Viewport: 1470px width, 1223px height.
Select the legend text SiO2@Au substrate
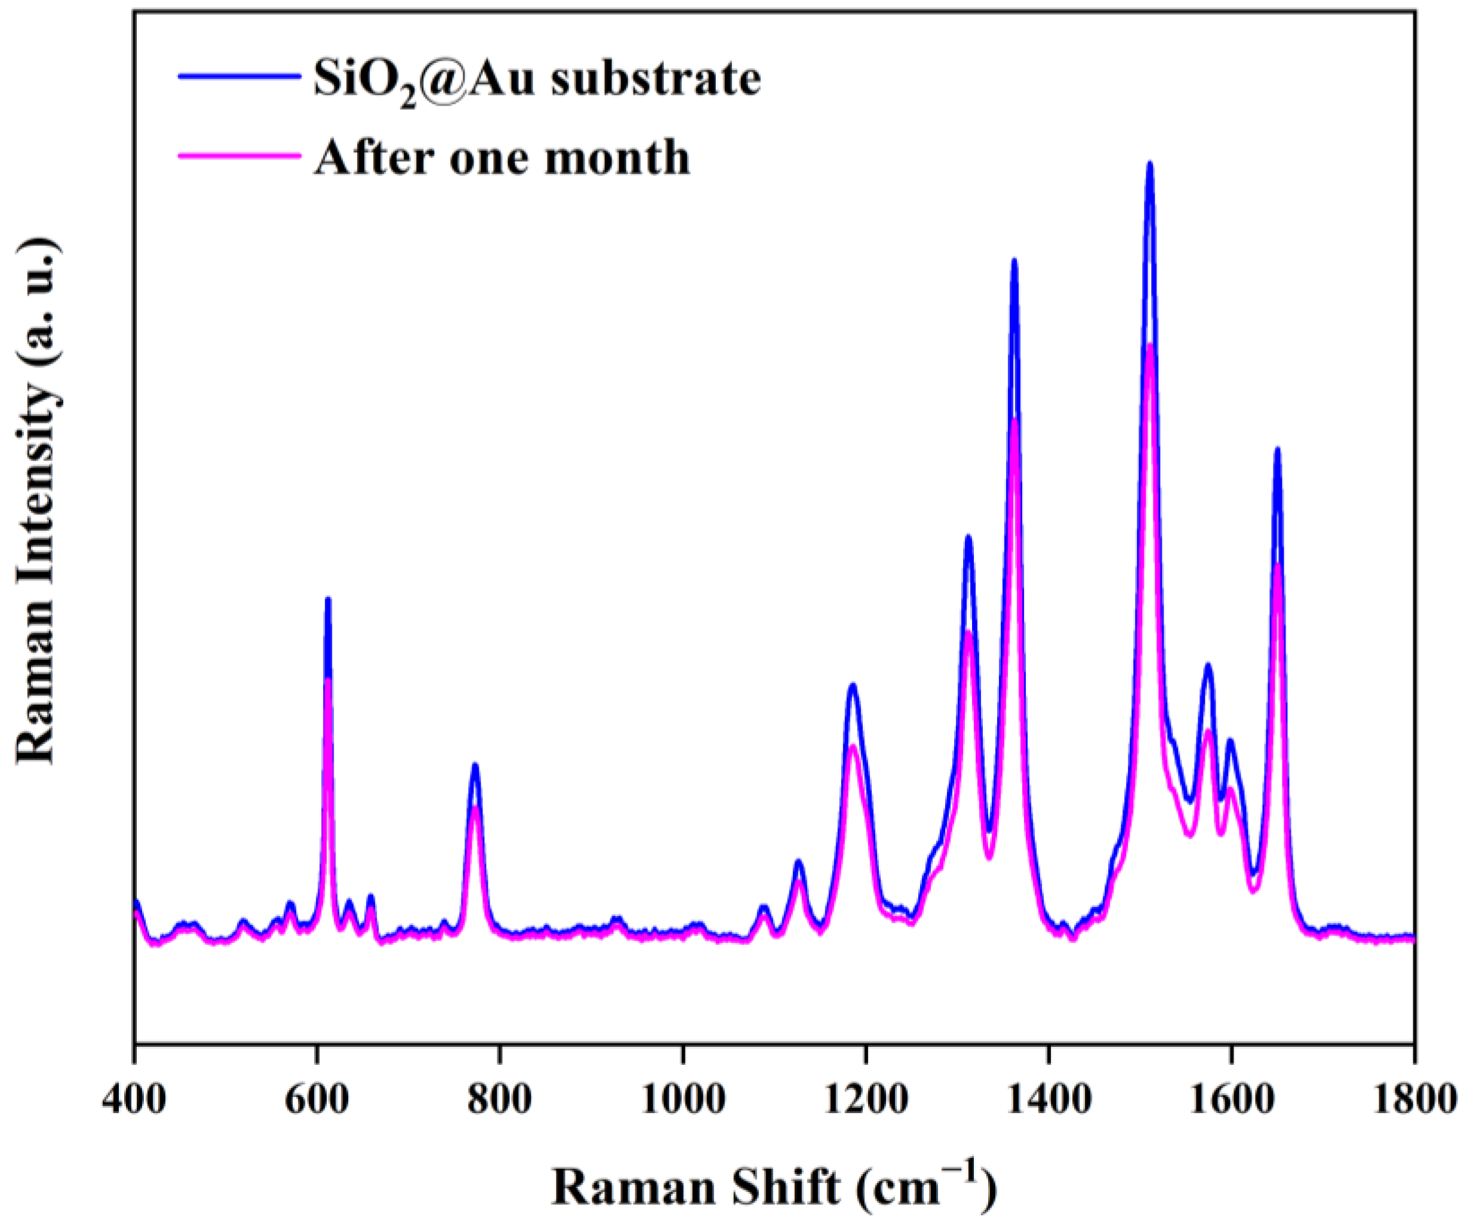[x=537, y=79]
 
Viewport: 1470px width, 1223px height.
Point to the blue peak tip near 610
[x=328, y=598]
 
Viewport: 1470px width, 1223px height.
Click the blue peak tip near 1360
[x=1014, y=260]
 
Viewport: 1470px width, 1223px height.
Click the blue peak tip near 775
[x=475, y=764]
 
